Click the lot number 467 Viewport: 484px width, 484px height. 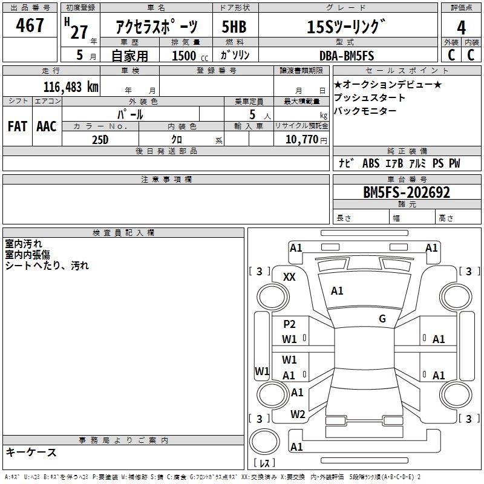click(x=30, y=25)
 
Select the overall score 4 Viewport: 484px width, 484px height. click(x=461, y=28)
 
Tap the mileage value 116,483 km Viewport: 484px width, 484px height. click(x=71, y=87)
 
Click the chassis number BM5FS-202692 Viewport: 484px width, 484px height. click(x=407, y=192)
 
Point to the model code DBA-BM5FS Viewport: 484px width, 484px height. click(x=347, y=56)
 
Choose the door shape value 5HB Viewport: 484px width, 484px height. click(x=234, y=27)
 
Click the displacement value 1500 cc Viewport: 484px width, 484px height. click(x=190, y=56)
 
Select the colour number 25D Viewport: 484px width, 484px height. click(x=100, y=140)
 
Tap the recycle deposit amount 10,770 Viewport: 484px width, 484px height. click(x=302, y=140)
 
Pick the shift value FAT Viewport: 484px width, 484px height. click(x=18, y=126)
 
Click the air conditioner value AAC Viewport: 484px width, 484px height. click(x=47, y=126)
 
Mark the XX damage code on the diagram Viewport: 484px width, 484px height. click(x=289, y=277)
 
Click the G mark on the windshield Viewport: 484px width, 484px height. click(x=382, y=318)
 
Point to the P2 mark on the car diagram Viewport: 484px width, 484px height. click(x=289, y=324)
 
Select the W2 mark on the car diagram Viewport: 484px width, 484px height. click(x=298, y=414)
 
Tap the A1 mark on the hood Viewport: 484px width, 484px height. click(x=337, y=290)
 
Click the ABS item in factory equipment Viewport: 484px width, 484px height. click(x=371, y=163)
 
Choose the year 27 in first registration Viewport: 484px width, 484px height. click(x=79, y=32)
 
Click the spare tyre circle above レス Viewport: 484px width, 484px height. click(x=264, y=441)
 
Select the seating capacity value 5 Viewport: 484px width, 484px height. click(x=252, y=114)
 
